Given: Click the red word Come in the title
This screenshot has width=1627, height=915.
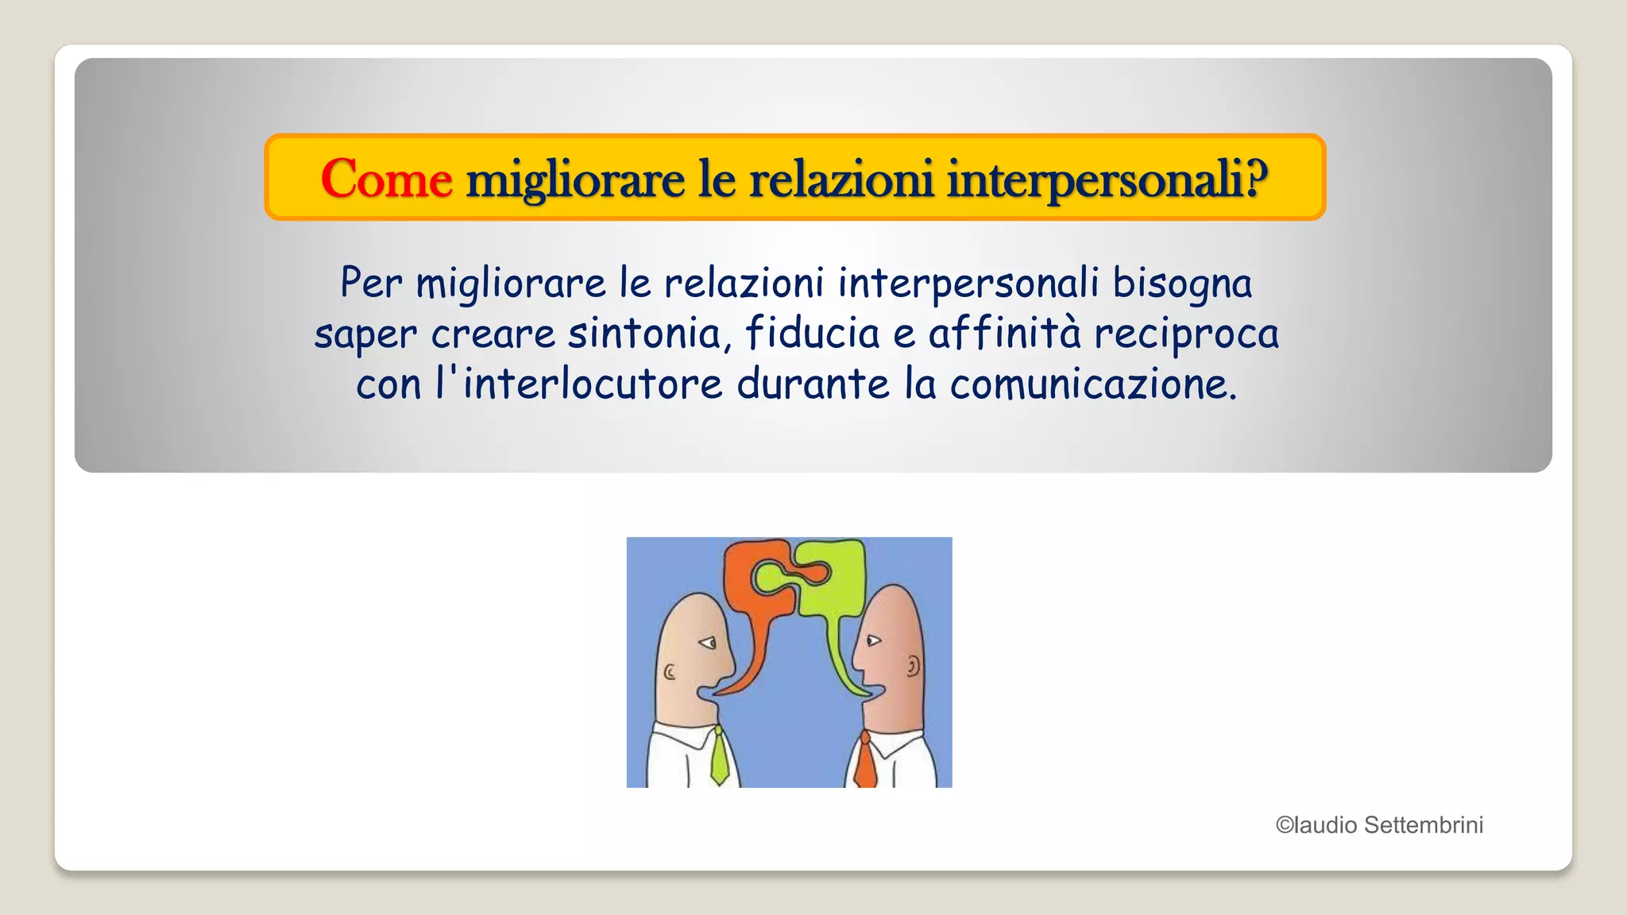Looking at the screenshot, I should click(386, 179).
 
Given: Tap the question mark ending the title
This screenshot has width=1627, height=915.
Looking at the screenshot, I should click(1255, 178).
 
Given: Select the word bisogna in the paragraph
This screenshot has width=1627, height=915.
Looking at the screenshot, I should click(1182, 284).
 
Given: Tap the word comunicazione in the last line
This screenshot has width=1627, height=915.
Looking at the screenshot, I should click(1093, 385).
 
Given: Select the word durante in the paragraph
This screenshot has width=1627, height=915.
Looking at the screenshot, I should click(813, 384).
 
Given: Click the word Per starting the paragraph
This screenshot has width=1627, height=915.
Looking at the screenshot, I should click(371, 284).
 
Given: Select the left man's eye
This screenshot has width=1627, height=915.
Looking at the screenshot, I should click(706, 642).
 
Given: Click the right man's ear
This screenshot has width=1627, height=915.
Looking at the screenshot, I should click(914, 665).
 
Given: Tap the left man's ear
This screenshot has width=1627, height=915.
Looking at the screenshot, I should click(670, 674).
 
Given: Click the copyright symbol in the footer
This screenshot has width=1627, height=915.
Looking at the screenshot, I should click(1285, 825).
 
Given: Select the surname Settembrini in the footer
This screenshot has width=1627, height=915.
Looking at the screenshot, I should click(1423, 825).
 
